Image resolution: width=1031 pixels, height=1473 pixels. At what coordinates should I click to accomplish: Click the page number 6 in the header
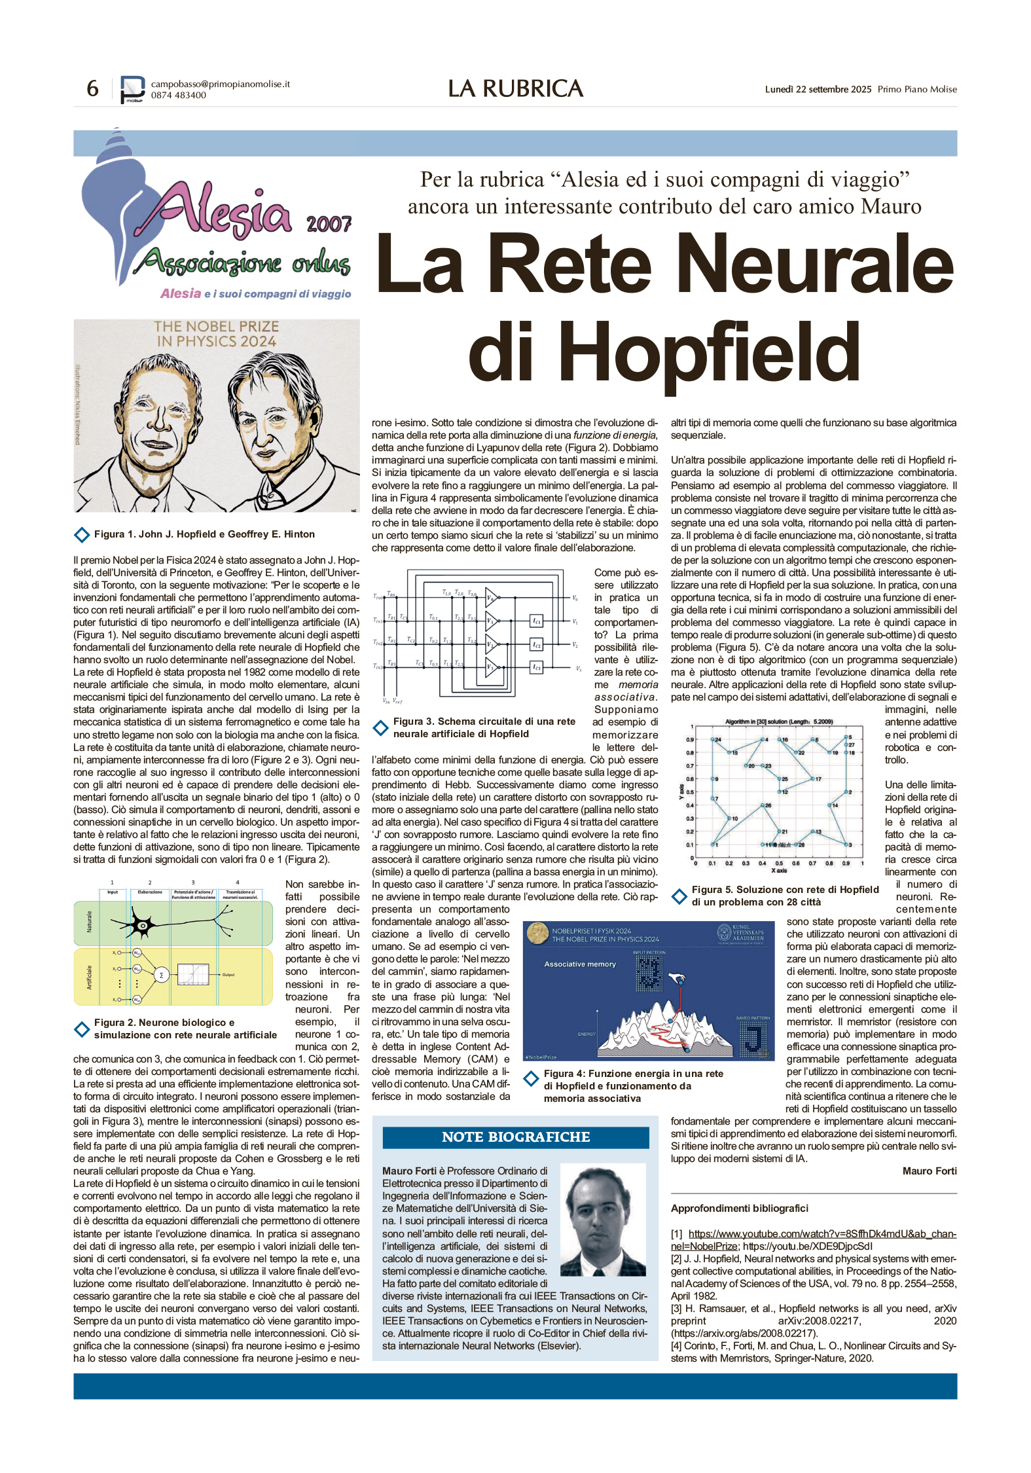(x=93, y=88)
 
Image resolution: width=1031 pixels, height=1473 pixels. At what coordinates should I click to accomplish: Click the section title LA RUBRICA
(x=515, y=89)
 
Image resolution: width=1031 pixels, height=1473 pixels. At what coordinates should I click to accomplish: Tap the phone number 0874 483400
(x=178, y=96)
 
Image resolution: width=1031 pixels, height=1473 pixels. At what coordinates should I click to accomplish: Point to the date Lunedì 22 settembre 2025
(x=818, y=90)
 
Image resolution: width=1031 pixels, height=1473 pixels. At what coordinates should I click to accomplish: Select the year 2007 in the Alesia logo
(x=329, y=224)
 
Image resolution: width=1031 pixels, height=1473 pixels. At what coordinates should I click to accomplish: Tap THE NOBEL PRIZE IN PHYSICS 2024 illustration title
(x=217, y=334)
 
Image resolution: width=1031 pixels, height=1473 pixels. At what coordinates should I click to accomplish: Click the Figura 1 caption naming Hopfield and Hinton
(x=204, y=534)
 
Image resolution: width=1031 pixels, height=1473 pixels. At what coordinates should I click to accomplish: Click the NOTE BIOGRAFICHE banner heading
(x=516, y=1137)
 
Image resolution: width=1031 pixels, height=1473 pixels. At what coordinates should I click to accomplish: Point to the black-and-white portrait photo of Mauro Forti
(x=602, y=1220)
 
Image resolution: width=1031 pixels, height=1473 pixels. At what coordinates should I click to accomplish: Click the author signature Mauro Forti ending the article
(x=929, y=1171)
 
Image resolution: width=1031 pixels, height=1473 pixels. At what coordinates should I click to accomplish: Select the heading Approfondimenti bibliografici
(x=739, y=1209)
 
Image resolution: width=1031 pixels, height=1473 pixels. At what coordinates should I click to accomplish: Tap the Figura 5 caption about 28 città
(x=784, y=896)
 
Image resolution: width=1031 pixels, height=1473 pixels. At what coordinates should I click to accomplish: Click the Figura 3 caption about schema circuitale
(x=484, y=727)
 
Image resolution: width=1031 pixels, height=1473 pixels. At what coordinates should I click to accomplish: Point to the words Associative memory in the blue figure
(x=580, y=964)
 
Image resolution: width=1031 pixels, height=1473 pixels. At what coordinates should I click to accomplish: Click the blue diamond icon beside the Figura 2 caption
(x=82, y=1029)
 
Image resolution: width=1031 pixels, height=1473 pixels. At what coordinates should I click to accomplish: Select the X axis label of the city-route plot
(x=778, y=871)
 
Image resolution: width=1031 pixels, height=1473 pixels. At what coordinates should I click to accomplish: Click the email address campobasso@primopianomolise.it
(x=220, y=84)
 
